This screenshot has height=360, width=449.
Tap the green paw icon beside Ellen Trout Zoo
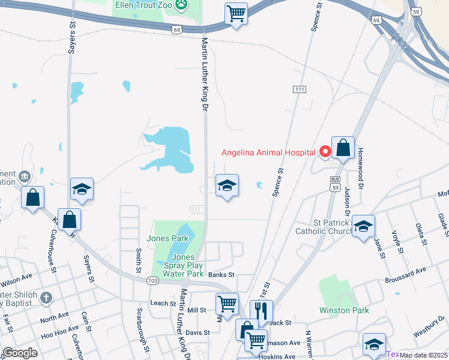tap(181, 5)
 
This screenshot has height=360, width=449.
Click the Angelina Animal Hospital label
tap(268, 152)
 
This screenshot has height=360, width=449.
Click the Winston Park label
tap(344, 310)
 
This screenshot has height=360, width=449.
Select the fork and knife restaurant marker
tap(261, 311)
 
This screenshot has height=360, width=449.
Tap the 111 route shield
tap(300, 89)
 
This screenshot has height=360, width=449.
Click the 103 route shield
tap(152, 280)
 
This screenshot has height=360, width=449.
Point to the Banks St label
tap(221, 274)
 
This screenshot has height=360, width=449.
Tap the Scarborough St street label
tap(142, 331)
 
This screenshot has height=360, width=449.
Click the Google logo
tap(20, 352)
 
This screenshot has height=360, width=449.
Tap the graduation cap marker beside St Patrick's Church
tap(363, 226)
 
